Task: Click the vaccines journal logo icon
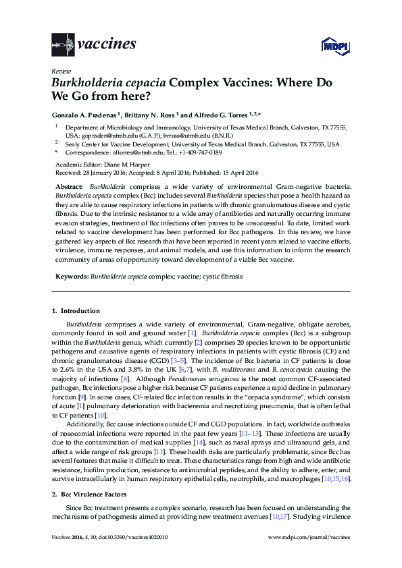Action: click(62, 45)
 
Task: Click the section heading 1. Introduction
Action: click(76, 311)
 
